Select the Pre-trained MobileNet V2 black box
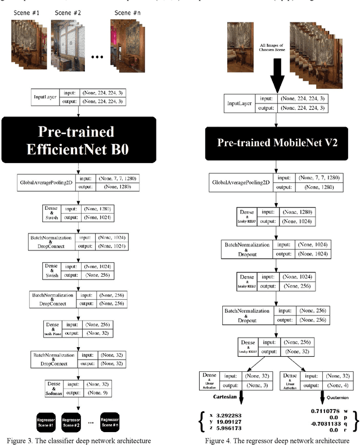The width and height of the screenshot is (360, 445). [x=276, y=142]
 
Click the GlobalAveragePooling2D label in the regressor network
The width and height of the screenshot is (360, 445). [x=241, y=182]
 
